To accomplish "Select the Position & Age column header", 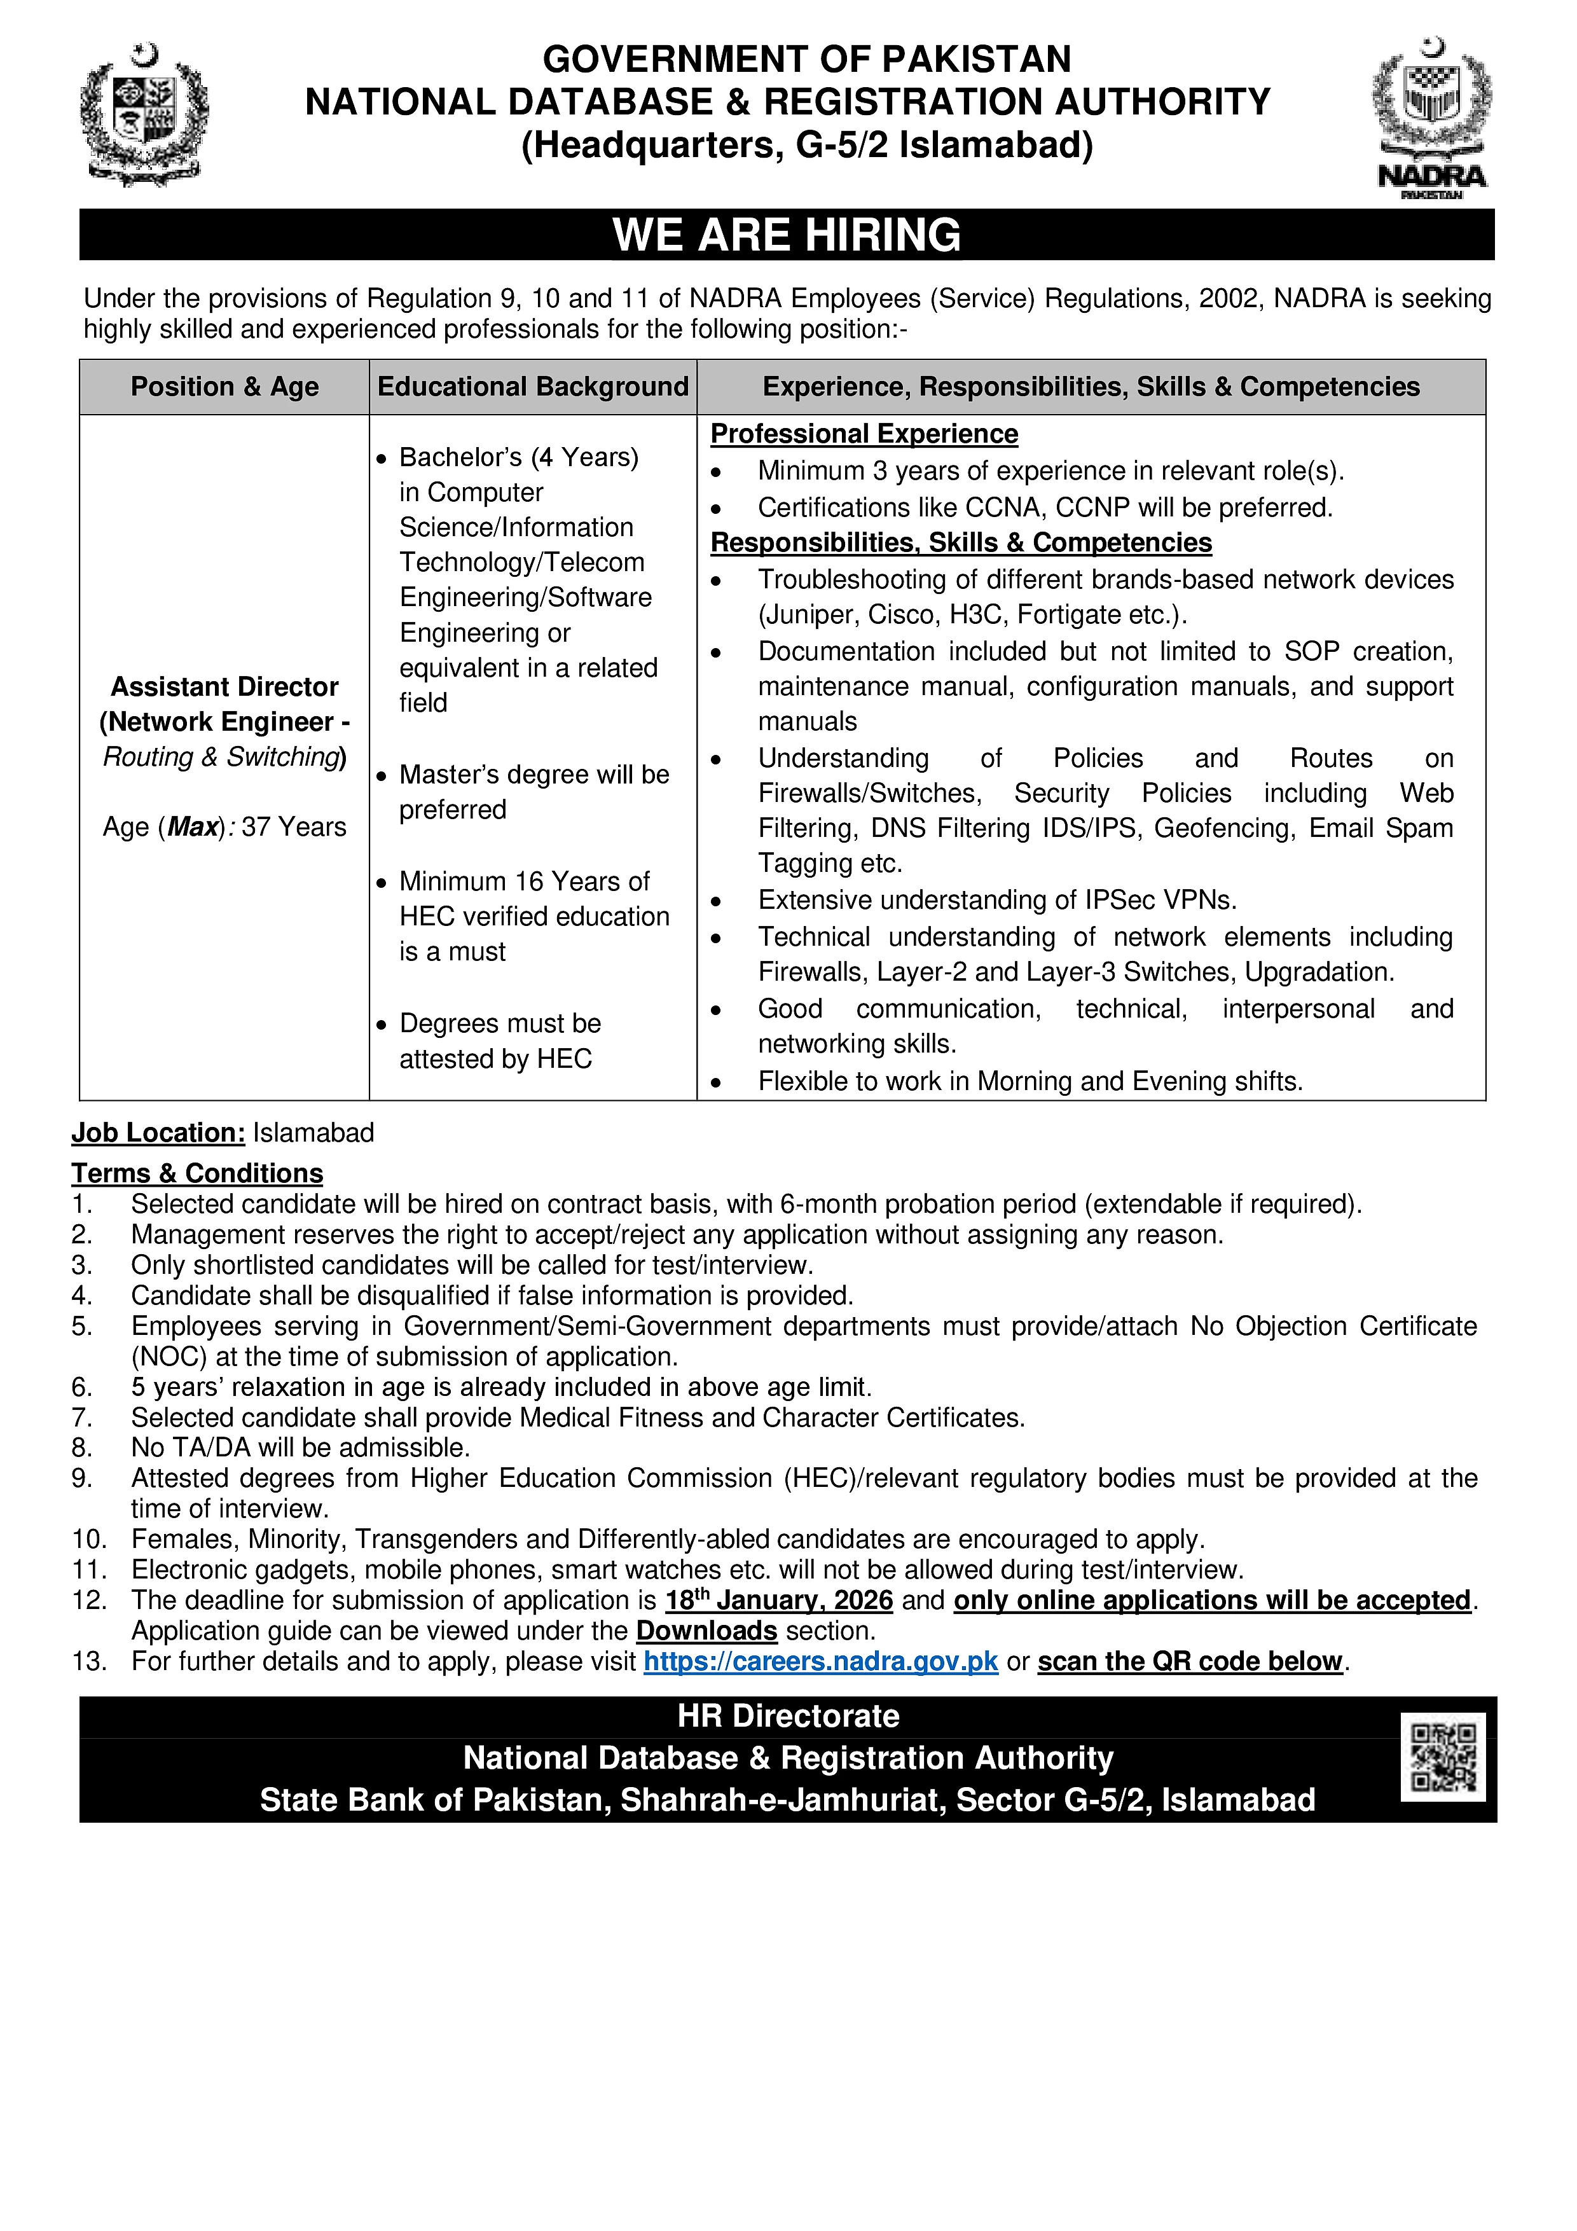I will pos(224,387).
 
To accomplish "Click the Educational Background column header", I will pos(532,387).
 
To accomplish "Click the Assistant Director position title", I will pos(224,687).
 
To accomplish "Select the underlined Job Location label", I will pos(158,1133).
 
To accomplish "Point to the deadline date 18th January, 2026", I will pos(778,1600).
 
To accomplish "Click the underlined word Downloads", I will pos(706,1631).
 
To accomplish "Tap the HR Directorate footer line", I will pos(788,1716).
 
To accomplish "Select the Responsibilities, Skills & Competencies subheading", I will pos(961,542).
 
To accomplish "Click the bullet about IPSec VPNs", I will pos(997,900).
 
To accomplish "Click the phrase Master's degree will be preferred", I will pos(534,792).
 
